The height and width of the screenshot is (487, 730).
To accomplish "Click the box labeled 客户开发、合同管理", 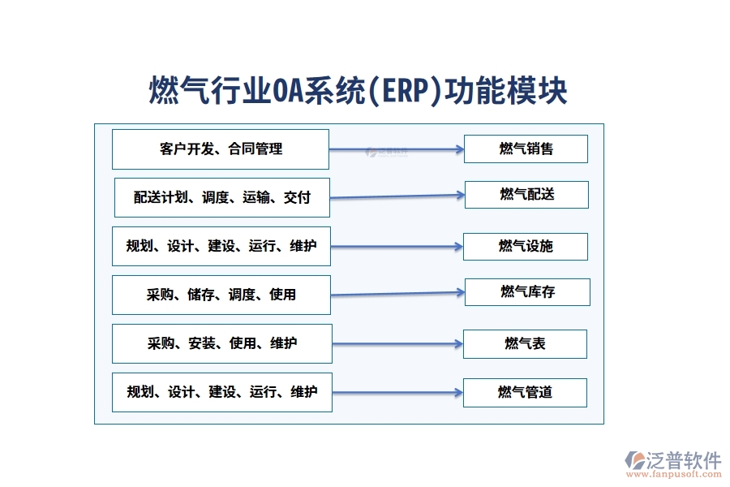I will [x=221, y=149].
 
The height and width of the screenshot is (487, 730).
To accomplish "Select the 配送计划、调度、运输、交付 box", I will [x=222, y=197].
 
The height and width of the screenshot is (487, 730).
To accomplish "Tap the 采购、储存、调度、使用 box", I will [x=221, y=295].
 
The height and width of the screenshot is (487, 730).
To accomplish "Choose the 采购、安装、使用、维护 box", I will [x=222, y=343].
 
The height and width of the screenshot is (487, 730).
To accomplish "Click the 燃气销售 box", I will [x=526, y=149].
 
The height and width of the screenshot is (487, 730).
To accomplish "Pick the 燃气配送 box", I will [x=526, y=195].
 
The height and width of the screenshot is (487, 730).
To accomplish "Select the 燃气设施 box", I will [x=525, y=246].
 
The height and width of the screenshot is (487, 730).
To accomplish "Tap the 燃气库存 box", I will [x=527, y=292].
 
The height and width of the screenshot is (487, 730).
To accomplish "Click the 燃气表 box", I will [x=525, y=343].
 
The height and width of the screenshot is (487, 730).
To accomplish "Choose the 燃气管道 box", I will [x=525, y=393].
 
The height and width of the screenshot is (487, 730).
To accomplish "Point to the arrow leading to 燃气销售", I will [x=397, y=149].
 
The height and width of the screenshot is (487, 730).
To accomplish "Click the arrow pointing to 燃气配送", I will [x=397, y=196].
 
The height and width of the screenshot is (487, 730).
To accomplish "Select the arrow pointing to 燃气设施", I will [x=397, y=246].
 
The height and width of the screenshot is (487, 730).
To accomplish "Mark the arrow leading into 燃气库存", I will [x=397, y=293].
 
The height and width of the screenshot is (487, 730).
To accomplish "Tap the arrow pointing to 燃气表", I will [x=397, y=344].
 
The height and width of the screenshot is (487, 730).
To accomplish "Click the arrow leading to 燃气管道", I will [x=397, y=393].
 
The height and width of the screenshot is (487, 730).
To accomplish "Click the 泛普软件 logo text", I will [x=683, y=460].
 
